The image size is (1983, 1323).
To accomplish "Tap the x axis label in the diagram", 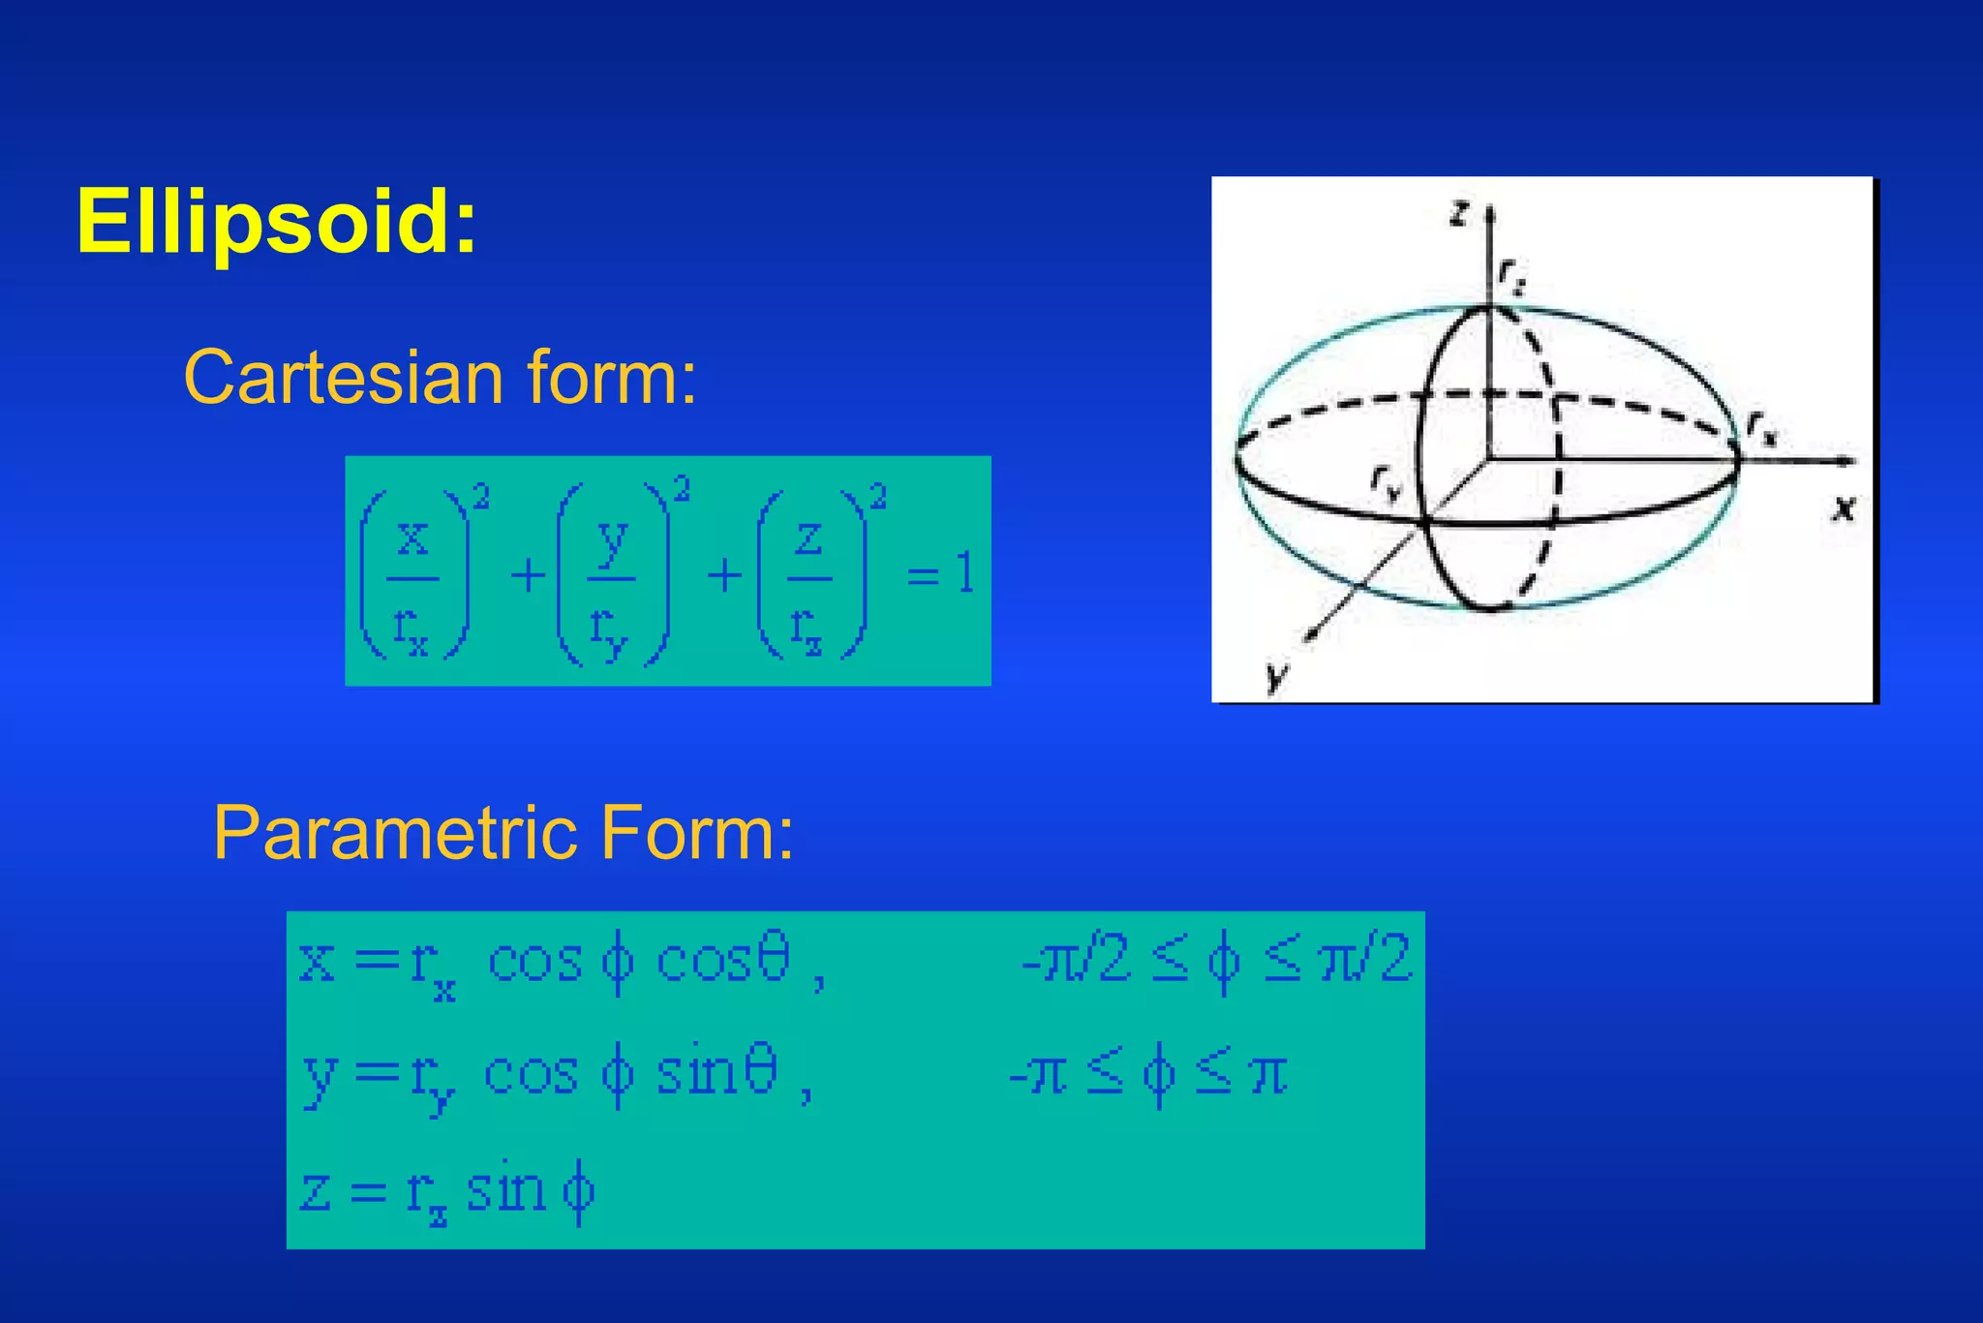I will click(1844, 508).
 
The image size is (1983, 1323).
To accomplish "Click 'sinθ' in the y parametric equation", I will click(717, 1074).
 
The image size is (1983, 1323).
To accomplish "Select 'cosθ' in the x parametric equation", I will click(722, 962).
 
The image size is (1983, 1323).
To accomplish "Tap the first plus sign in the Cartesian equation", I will click(528, 576).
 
